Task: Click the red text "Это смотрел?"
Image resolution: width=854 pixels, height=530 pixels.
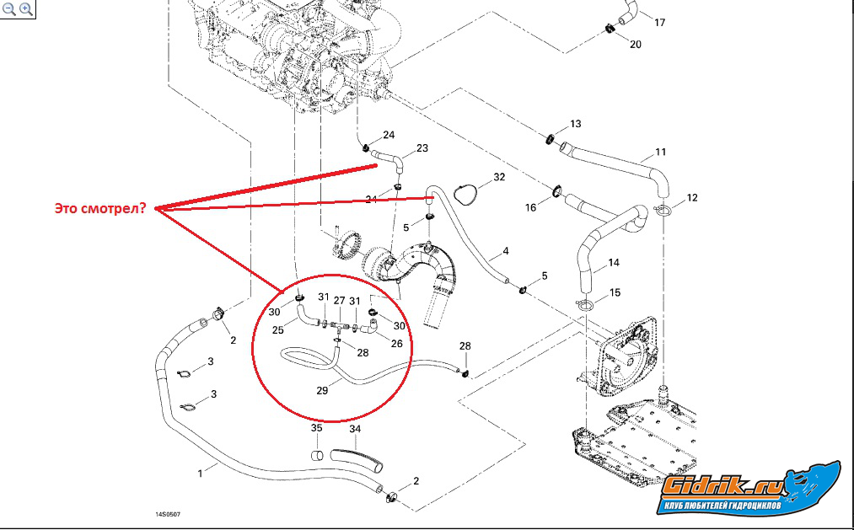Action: (x=100, y=208)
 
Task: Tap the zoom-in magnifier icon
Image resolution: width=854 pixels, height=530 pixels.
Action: (x=26, y=8)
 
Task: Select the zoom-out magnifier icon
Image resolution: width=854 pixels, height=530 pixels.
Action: (x=9, y=8)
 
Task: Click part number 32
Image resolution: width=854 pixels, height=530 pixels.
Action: (x=499, y=177)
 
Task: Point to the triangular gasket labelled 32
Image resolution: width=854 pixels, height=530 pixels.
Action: (x=465, y=194)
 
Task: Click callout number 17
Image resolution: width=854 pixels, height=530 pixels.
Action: (x=659, y=23)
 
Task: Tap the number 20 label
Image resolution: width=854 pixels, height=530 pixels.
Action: (x=636, y=45)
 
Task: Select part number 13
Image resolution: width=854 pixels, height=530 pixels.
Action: (x=576, y=124)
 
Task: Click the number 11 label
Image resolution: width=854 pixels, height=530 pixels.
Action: (x=661, y=152)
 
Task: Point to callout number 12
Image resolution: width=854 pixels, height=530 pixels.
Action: (x=691, y=197)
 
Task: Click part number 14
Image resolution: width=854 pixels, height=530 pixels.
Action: (x=614, y=263)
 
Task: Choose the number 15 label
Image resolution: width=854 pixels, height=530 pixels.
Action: (x=615, y=292)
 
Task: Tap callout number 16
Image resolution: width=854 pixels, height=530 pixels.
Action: (x=530, y=207)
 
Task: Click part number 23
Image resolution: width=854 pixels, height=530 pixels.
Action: (x=422, y=148)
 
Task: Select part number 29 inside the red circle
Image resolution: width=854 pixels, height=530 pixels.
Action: (x=322, y=390)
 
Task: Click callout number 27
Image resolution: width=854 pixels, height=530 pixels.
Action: (x=339, y=300)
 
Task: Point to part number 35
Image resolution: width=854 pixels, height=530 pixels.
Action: (x=316, y=428)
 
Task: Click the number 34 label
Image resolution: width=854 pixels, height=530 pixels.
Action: (x=355, y=429)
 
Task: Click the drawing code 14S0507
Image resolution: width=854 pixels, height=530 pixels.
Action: (x=168, y=514)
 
